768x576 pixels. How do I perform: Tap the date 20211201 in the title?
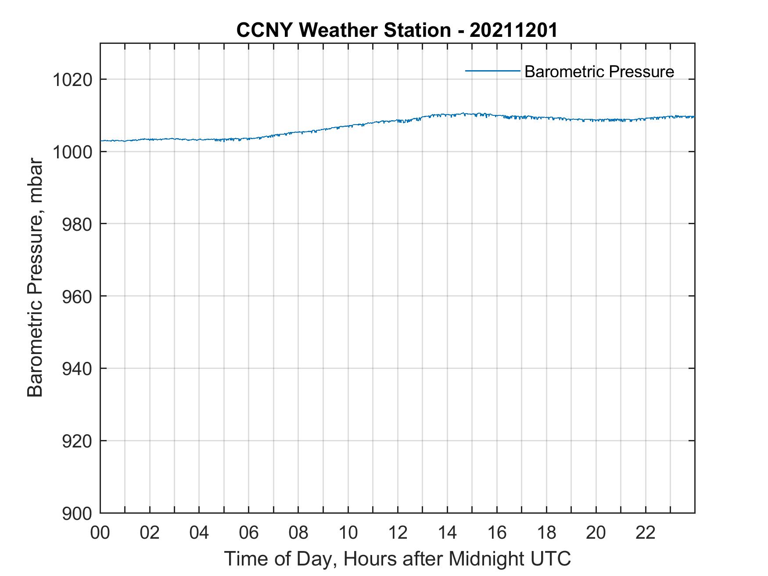513,30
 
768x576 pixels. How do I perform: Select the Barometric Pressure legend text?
599,72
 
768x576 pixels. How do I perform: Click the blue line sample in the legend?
492,71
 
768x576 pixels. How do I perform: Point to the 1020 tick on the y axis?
72,80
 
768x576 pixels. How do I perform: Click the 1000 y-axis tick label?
72,152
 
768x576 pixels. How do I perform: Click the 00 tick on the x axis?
100,533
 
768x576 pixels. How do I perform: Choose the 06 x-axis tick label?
249,533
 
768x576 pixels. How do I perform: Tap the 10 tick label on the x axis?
348,533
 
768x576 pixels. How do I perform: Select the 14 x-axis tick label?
447,533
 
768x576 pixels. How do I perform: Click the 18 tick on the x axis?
546,533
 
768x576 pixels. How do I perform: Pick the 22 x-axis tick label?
646,533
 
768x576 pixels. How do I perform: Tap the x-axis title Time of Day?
397,558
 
